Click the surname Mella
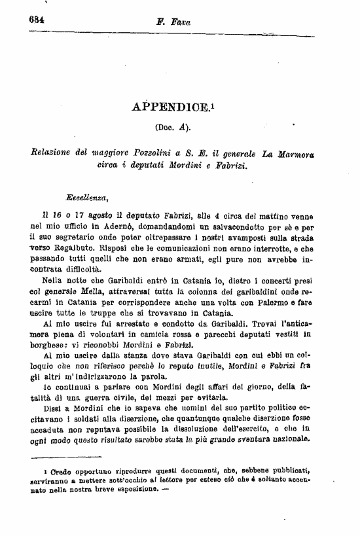[x=84, y=289]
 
